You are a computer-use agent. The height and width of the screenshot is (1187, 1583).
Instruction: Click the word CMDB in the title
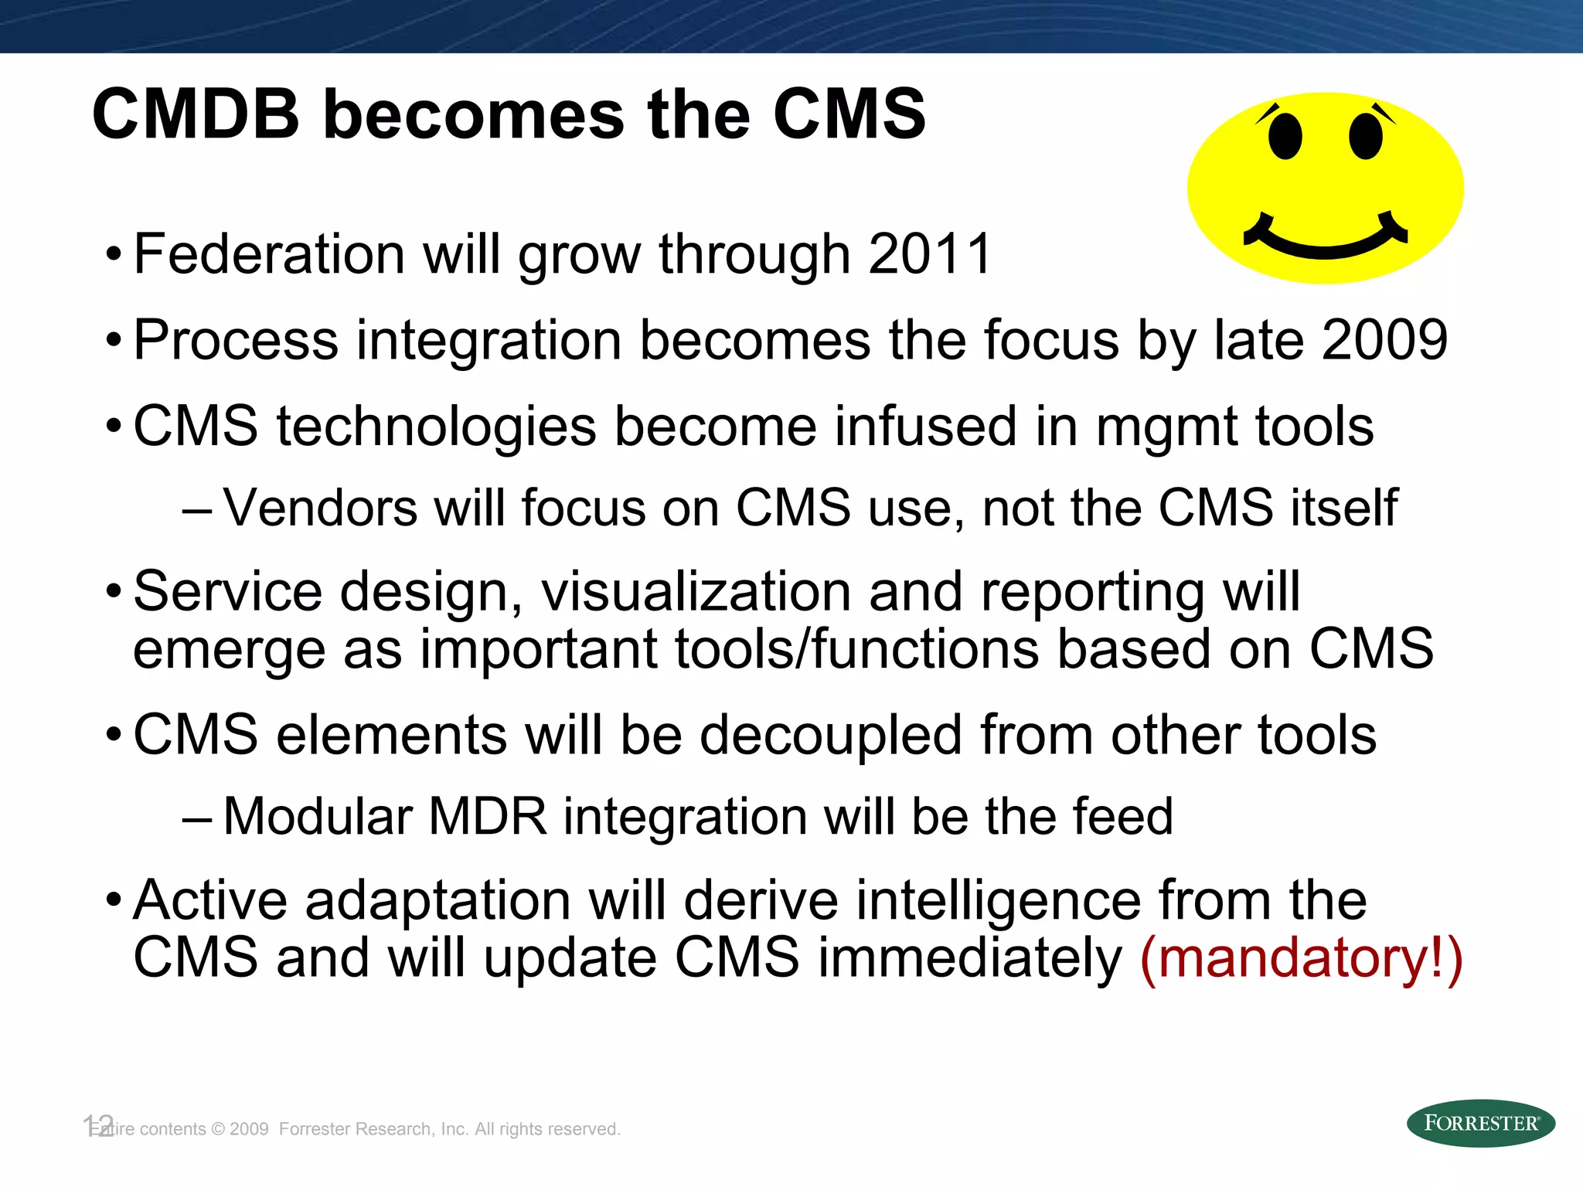(196, 114)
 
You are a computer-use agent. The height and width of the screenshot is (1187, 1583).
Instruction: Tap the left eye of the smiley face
(1285, 137)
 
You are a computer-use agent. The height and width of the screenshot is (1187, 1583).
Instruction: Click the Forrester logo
(1480, 1123)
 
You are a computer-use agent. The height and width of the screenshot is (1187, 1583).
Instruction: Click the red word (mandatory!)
(1302, 957)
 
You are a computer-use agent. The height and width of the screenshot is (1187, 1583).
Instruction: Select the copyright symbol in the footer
(218, 1129)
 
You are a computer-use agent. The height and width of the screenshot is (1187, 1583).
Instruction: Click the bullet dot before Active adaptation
(114, 900)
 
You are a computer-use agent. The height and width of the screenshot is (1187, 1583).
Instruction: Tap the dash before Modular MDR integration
(196, 818)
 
